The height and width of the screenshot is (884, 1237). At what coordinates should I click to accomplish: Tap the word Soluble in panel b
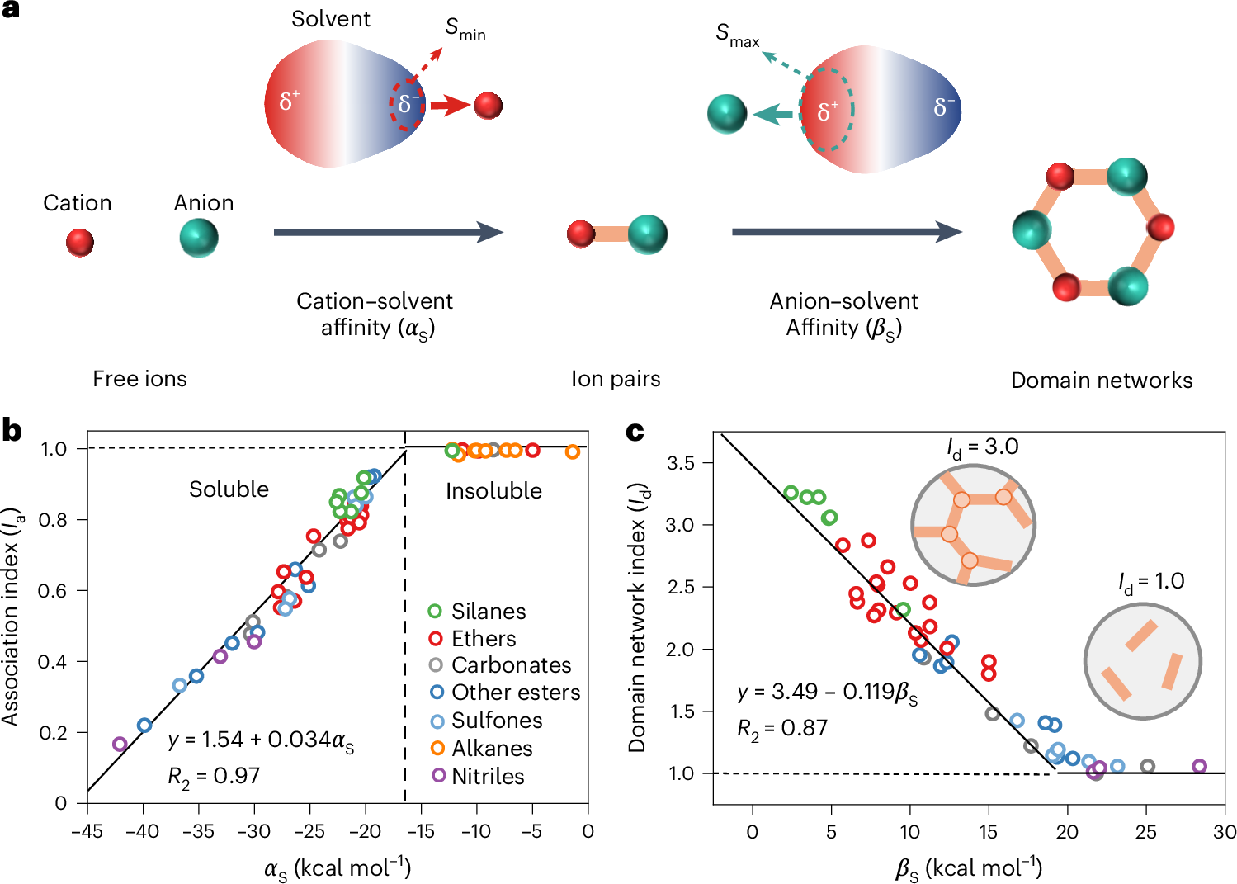[x=229, y=489]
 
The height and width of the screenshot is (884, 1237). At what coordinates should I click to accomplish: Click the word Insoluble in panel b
[x=493, y=491]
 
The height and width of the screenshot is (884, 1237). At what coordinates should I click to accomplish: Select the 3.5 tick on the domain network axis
[x=681, y=463]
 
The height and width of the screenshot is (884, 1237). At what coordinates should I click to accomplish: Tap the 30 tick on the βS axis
[x=1225, y=832]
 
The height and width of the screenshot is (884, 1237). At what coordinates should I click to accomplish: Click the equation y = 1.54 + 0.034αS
[x=261, y=740]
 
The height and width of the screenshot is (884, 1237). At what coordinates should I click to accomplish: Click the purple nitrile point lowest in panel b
[x=120, y=745]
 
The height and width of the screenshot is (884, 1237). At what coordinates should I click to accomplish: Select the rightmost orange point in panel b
[x=573, y=451]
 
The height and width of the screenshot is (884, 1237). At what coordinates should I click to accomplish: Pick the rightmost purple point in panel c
[x=1200, y=767]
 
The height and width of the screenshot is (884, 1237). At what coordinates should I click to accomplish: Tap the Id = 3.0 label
[x=982, y=447]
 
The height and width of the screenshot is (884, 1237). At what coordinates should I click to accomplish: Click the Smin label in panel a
[x=465, y=30]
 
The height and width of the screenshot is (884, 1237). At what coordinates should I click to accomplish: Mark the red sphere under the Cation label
[x=80, y=243]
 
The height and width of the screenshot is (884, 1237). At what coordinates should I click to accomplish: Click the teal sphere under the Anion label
[x=199, y=239]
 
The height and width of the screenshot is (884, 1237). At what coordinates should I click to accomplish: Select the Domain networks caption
[x=1102, y=381]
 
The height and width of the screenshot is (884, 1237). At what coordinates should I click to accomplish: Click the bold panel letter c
[x=635, y=432]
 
